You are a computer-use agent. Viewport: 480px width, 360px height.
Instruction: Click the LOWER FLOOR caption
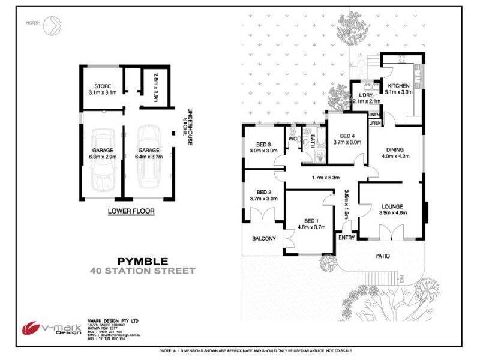[131, 211]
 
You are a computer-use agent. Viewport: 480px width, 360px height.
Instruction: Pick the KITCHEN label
[400, 86]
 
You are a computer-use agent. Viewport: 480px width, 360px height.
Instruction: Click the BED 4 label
[347, 136]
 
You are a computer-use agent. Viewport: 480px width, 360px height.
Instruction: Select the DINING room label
[394, 150]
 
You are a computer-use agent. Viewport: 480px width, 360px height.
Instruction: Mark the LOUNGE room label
[391, 206]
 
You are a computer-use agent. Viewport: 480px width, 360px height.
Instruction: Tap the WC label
[293, 139]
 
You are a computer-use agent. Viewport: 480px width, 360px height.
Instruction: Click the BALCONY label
[263, 239]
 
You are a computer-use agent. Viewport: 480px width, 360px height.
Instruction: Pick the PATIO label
[382, 256]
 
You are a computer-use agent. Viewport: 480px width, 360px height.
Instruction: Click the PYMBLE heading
[143, 261]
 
